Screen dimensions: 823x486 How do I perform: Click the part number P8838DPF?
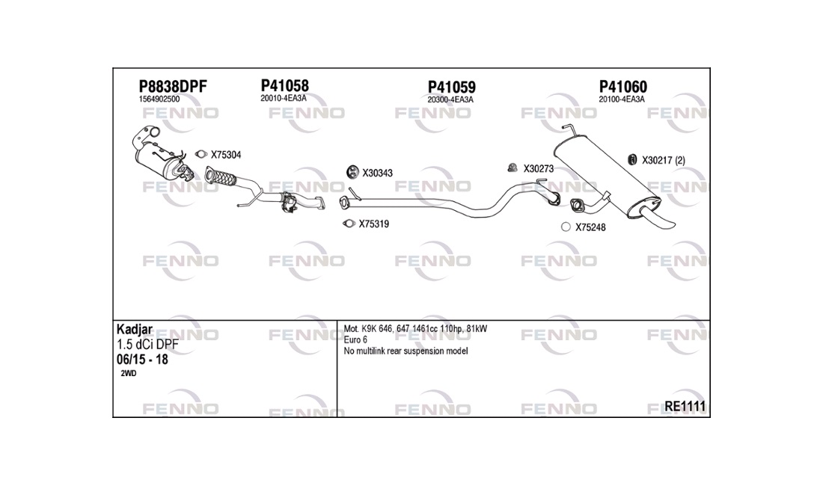click(x=173, y=87)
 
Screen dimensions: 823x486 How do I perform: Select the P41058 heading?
click(x=284, y=85)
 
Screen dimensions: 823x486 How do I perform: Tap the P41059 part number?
click(x=451, y=87)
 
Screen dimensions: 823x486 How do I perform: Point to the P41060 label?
click(x=623, y=87)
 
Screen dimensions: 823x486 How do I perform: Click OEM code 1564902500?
click(x=159, y=99)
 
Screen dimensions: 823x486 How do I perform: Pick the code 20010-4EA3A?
click(x=284, y=98)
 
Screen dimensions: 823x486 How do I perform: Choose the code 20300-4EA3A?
click(x=450, y=99)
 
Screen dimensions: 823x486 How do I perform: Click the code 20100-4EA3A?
click(x=622, y=99)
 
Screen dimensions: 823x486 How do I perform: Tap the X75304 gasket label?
click(x=226, y=155)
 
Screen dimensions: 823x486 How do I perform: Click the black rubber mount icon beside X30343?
click(x=352, y=171)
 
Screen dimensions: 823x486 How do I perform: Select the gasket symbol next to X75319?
click(x=349, y=224)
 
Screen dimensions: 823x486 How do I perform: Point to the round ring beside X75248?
click(x=566, y=227)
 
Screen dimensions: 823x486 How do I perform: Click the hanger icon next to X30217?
click(x=632, y=160)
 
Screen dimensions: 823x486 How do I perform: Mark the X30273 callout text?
click(x=538, y=169)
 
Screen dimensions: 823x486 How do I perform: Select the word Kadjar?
click(x=135, y=329)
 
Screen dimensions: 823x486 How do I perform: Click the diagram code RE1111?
click(x=685, y=406)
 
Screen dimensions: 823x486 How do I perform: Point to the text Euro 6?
click(x=355, y=339)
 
